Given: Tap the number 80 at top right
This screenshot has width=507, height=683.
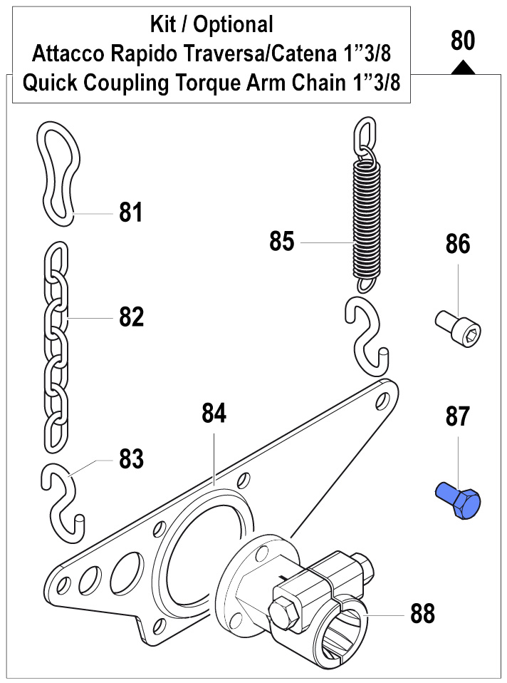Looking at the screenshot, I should [x=463, y=41].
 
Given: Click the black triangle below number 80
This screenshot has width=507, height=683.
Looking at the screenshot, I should [x=463, y=67].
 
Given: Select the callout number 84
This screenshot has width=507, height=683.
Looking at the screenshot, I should [x=214, y=414].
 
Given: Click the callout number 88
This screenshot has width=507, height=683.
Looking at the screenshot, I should [x=422, y=613].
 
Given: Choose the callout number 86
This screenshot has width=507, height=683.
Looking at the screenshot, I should [x=458, y=245].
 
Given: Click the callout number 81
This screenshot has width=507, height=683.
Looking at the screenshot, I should [x=131, y=213].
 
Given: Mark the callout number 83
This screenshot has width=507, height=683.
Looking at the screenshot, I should [x=132, y=459].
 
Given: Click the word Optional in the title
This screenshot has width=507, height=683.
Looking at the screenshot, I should [x=234, y=25].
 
